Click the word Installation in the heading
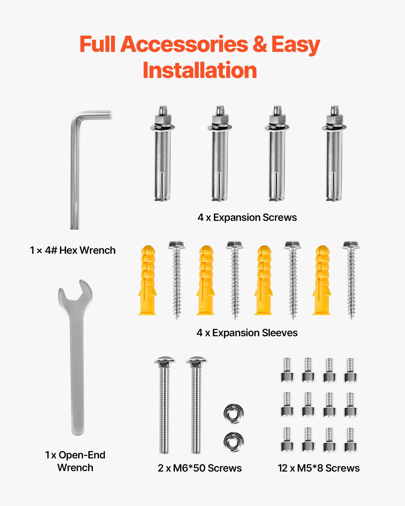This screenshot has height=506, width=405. coord(200,70)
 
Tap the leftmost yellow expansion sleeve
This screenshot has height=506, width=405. coord(147,280)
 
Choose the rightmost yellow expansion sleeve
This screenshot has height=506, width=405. coord(322,280)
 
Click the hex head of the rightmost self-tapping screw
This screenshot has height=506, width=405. coord(351,245)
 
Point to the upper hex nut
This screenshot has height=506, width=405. coord(233,414)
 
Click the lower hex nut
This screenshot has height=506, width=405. coord(233,442)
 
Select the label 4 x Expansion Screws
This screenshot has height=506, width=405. coord(247,217)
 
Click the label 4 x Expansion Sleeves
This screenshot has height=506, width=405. coord(247,333)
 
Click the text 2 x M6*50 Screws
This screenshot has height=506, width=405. coord(200,468)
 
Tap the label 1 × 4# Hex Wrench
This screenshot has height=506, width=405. coord(73,250)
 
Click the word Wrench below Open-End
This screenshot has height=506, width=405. coord(75,468)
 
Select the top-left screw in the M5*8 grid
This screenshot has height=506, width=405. coord(287,370)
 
